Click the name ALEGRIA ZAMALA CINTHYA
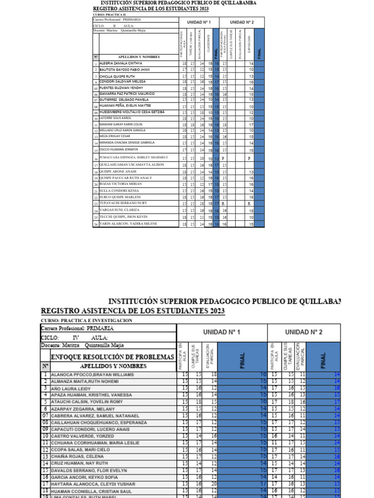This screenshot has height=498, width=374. point(121,63)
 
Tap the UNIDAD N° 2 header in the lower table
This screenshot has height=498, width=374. point(303,332)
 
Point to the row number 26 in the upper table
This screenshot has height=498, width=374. point(96,225)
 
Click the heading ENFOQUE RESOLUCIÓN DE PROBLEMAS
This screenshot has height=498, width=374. point(108,357)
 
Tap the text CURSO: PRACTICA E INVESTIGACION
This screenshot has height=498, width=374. point(86,320)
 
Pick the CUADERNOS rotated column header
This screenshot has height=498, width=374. point(208,43)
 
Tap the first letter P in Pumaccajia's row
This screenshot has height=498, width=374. point(223,159)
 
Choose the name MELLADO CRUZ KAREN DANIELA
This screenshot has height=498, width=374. point(122,130)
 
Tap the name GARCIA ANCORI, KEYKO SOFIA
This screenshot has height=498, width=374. point(85,478)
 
